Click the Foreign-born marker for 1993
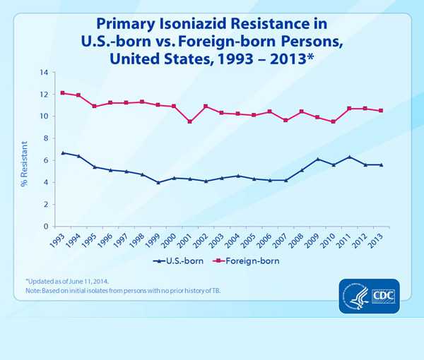63,93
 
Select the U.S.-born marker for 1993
63,152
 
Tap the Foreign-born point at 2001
189,121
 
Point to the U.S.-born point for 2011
348,157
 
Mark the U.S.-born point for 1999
158,182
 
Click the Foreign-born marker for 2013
381,111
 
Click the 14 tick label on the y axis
45,73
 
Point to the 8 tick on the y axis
47,138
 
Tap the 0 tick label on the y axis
47,227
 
